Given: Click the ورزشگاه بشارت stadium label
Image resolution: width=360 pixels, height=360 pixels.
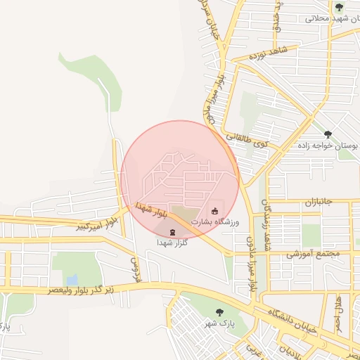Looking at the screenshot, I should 216,222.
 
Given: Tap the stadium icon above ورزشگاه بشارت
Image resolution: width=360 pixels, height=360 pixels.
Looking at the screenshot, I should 215,211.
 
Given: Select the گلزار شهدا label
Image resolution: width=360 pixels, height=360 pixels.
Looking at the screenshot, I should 172,242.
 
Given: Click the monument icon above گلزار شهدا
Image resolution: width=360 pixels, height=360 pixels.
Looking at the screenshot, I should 172,231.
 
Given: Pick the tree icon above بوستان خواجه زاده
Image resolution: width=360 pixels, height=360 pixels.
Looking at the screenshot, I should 328,133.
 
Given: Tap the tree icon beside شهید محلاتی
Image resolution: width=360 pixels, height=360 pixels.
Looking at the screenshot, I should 340,7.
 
